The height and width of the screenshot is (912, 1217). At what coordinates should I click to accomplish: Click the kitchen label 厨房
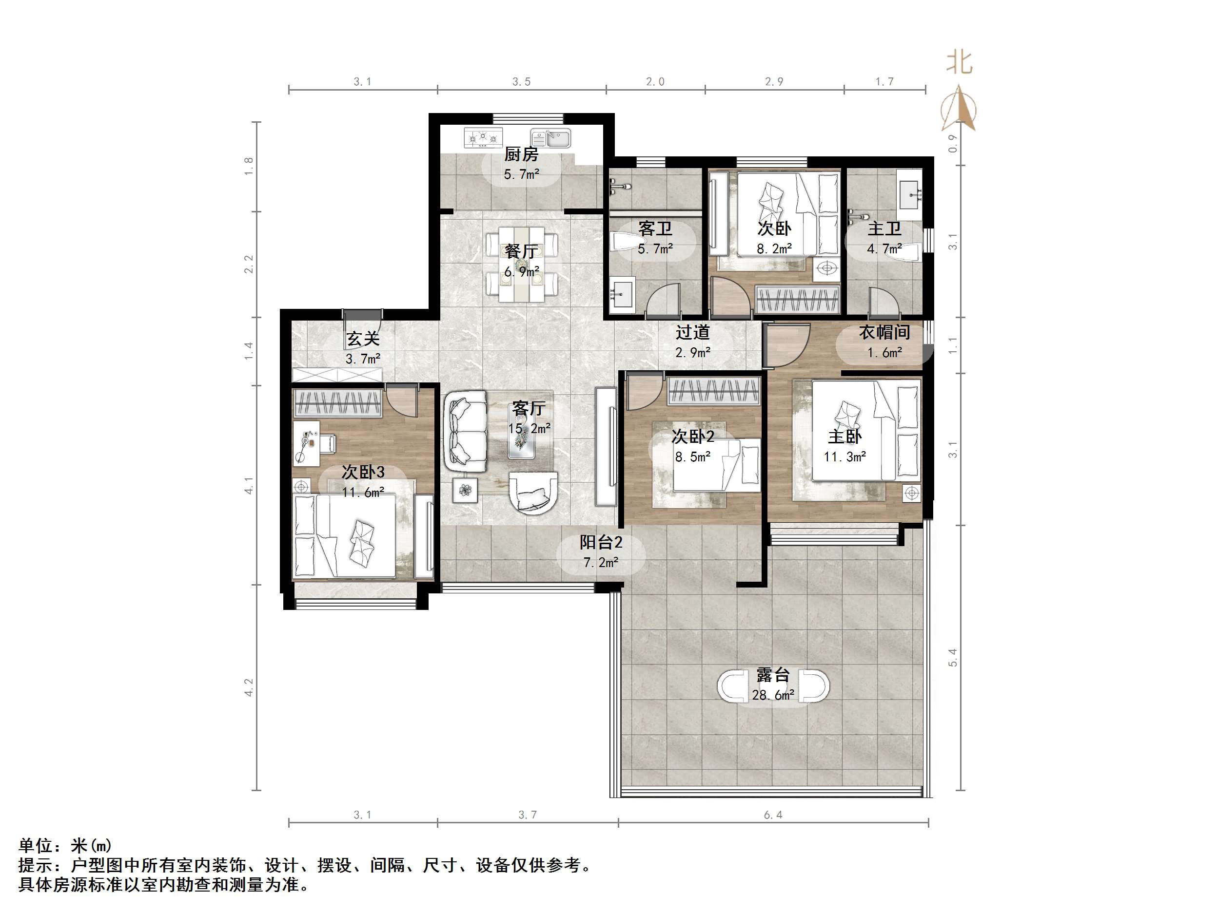[521, 154]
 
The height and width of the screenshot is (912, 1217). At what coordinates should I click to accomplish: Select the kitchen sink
[551, 138]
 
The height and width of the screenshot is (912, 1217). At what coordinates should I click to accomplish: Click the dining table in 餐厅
[521, 265]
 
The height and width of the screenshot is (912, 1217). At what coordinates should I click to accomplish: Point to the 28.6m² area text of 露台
[773, 695]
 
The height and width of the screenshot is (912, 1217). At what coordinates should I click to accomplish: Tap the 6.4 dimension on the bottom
[773, 815]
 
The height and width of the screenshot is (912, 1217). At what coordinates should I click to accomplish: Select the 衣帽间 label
[884, 332]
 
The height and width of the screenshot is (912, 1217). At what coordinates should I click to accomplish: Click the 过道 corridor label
[693, 332]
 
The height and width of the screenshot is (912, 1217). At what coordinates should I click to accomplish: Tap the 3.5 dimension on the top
[522, 82]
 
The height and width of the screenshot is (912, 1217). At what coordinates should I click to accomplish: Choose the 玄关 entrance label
[363, 339]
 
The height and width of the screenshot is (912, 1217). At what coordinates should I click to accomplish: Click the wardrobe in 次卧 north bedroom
[798, 300]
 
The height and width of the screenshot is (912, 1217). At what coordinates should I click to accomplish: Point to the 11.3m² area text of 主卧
[844, 456]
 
